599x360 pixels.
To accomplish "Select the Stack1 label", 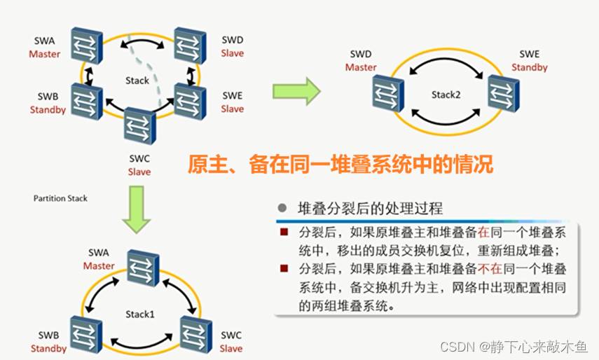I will [x=140, y=314].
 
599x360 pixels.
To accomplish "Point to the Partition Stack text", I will [x=60, y=198].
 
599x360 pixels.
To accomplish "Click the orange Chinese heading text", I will [x=340, y=164].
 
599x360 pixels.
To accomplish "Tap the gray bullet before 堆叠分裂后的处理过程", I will [x=282, y=208].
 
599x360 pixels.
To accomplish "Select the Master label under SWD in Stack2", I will [x=361, y=67].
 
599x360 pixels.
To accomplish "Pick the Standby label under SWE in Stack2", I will [x=529, y=67].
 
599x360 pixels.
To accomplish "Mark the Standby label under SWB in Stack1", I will [x=48, y=348].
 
